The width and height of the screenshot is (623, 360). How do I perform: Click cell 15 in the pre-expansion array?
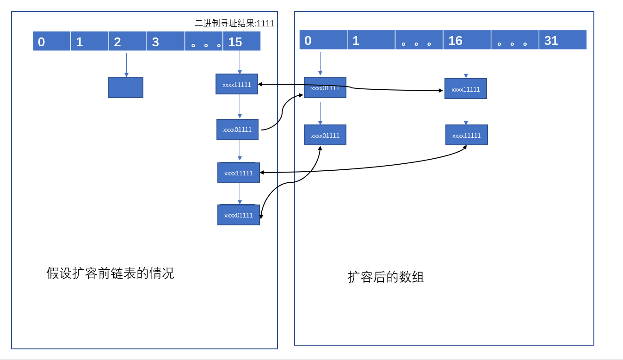pos(241,41)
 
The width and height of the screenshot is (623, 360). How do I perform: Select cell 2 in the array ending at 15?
pos(128,41)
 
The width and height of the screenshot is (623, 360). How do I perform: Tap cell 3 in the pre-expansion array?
pos(166,41)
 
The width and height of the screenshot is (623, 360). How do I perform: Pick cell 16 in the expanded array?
pos(467,40)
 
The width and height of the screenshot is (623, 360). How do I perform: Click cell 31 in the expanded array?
pos(562,40)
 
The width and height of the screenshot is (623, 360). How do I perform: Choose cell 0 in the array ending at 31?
pos(323,40)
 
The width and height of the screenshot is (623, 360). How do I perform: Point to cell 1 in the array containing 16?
pos(371,40)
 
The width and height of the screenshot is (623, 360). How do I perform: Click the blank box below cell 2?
pos(125,87)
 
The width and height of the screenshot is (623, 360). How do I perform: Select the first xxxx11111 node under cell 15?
pos(236,84)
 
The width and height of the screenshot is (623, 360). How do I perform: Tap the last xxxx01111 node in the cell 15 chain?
pos(238,215)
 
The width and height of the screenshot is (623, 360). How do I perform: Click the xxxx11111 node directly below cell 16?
pos(465,89)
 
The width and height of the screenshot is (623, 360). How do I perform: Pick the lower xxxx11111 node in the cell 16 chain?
pos(466,135)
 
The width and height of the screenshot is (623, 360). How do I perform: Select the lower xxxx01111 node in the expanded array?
pos(325,135)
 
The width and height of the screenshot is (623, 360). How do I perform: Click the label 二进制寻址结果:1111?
pos(234,24)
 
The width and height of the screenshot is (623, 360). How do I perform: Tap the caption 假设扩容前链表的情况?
pos(110,273)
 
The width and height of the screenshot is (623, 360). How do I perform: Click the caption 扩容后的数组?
pos(386,277)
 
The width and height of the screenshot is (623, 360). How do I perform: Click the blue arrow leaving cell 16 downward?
pos(466,66)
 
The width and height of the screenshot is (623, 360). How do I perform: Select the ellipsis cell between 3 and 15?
pos(204,41)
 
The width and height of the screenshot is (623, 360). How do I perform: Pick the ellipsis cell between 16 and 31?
pos(514,40)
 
